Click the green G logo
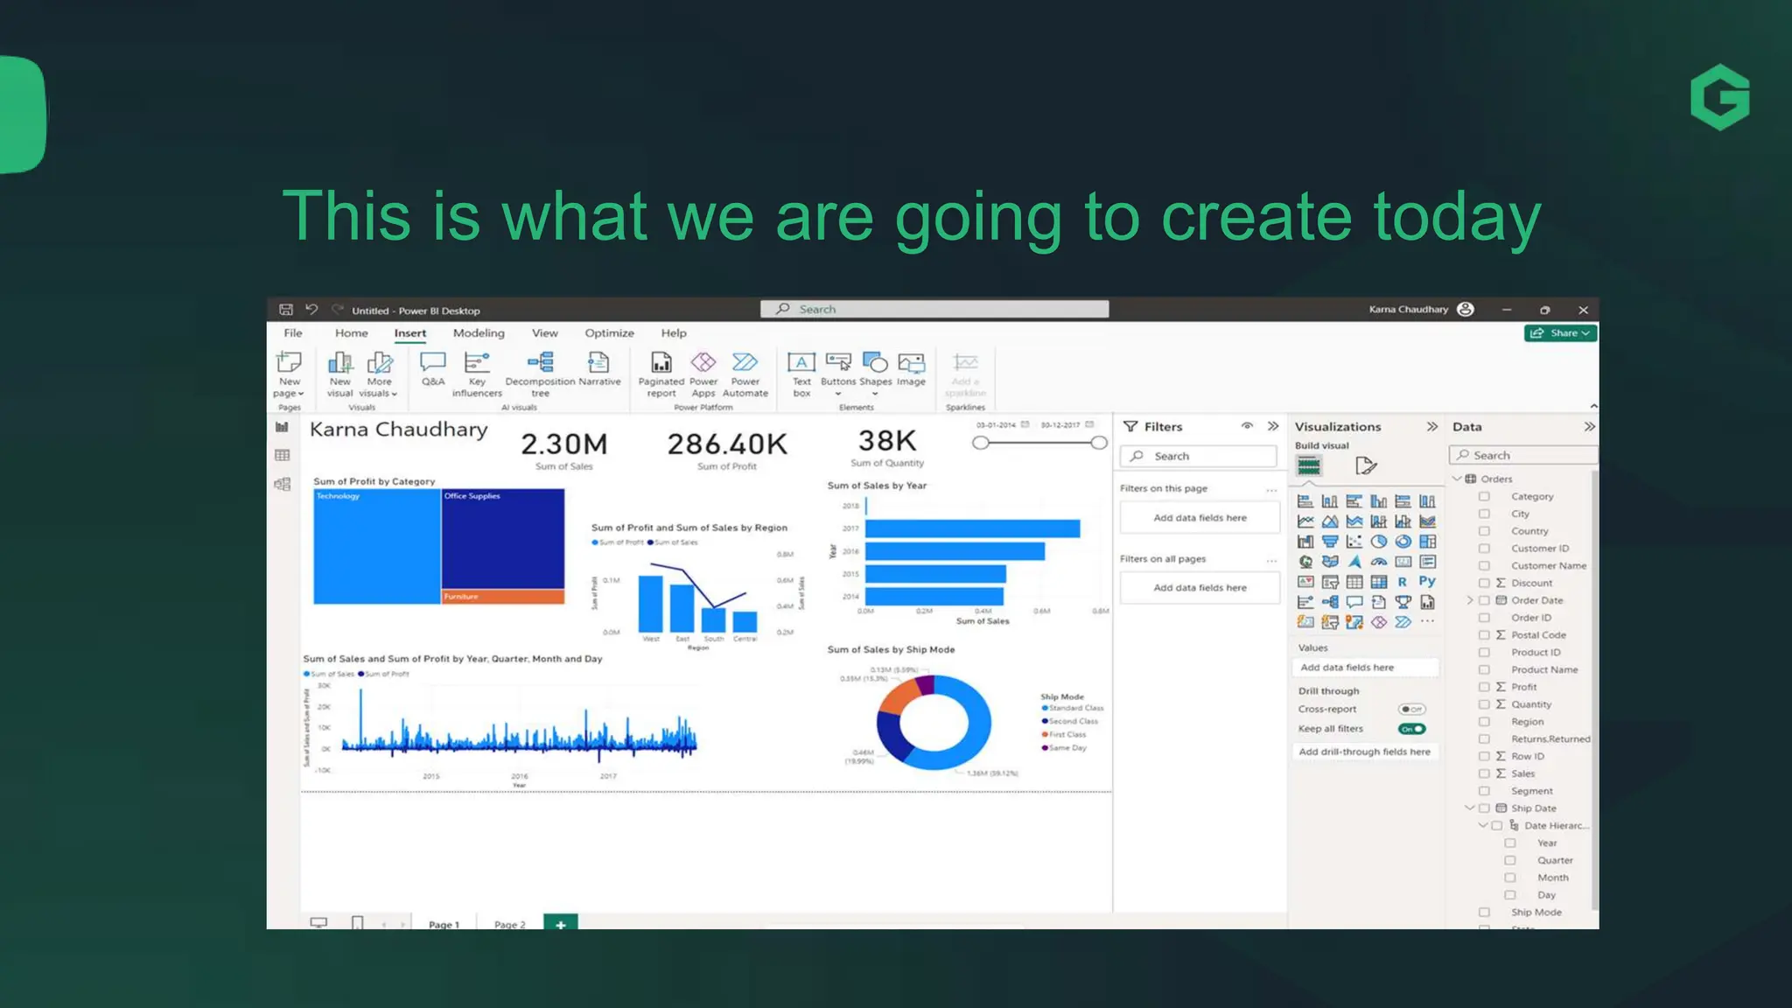1719,97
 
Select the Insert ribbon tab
409,333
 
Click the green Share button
1561,333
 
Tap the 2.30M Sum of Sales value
563,444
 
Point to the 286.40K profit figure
727,444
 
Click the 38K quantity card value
886,441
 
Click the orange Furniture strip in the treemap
503,597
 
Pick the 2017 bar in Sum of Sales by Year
971,528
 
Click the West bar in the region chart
650,604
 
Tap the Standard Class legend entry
1075,708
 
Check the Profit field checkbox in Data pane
1484,687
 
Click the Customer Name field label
1548,566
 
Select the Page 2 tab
509,924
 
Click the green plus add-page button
560,924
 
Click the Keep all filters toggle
1411,729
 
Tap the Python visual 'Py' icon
1427,582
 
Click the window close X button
1583,310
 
